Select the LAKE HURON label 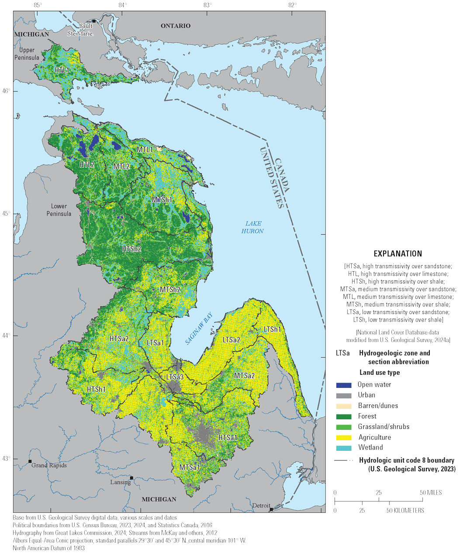(x=252, y=227)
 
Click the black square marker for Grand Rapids (x=30, y=461)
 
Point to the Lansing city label (x=120, y=482)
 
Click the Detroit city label (x=261, y=505)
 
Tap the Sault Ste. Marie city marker (x=93, y=21)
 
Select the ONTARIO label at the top (x=176, y=26)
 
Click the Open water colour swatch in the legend (x=344, y=385)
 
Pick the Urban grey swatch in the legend (x=344, y=395)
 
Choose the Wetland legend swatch (x=344, y=448)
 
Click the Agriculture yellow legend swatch (x=344, y=437)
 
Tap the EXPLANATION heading (x=398, y=254)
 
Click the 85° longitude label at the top (x=38, y=5)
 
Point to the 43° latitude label (x=7, y=459)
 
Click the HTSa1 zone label (x=228, y=437)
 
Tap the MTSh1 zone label (x=162, y=200)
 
